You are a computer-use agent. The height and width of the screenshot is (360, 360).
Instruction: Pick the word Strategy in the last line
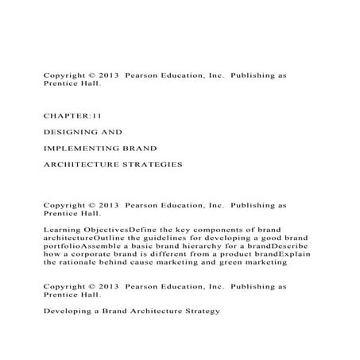196,311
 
